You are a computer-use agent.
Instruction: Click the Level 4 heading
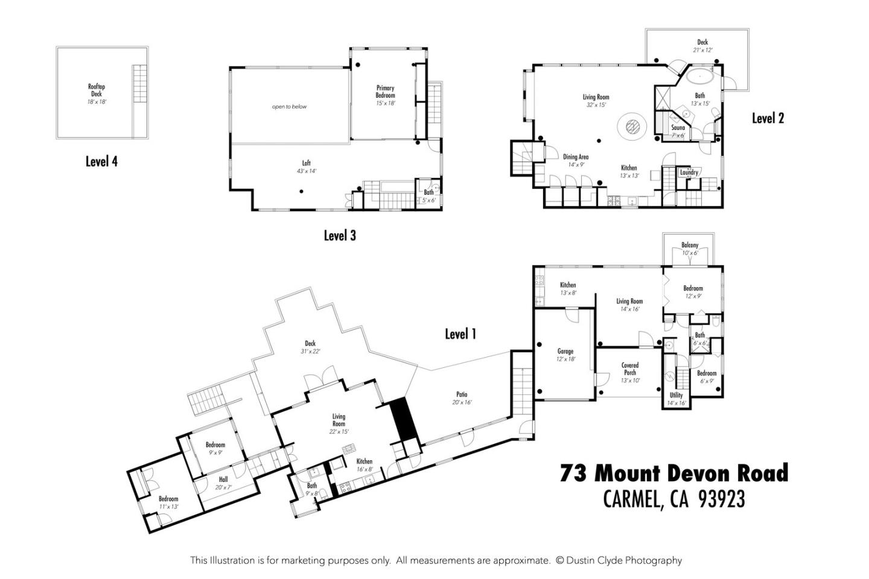[101, 161]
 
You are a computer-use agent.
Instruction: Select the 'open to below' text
[289, 107]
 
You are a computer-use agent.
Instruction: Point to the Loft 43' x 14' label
[306, 166]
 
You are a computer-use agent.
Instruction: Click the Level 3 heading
[339, 235]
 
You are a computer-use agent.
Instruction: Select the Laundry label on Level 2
[689, 172]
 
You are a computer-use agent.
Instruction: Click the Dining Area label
[576, 160]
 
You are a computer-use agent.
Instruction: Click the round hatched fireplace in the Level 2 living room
[632, 127]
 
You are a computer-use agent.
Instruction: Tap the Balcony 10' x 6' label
[690, 248]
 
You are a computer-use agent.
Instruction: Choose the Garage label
[565, 355]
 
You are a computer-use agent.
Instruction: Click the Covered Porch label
[629, 372]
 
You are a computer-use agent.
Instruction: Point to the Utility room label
[676, 399]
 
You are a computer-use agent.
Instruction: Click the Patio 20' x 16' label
[462, 399]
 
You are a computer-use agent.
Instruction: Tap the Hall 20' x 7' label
[223, 482]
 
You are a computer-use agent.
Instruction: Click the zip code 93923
[721, 499]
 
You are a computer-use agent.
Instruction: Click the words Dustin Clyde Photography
[624, 560]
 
